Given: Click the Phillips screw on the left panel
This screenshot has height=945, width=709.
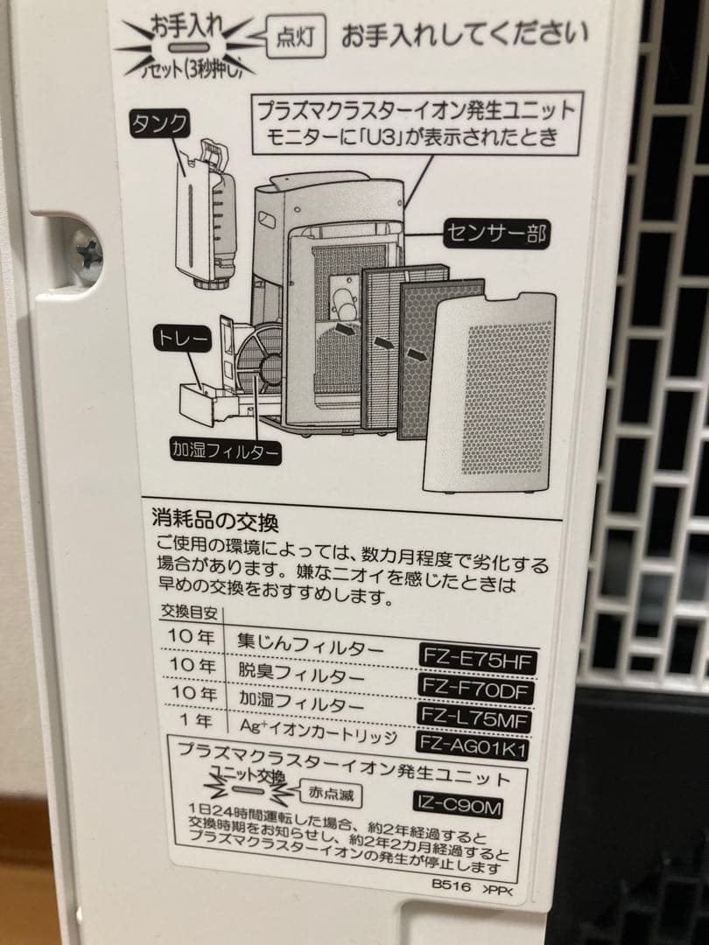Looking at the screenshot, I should coord(86,250).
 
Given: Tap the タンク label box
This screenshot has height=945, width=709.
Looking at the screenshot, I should coord(158,123).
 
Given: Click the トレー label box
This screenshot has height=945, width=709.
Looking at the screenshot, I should coord(181,335).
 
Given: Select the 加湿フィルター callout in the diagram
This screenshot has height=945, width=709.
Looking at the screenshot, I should coord(226,451).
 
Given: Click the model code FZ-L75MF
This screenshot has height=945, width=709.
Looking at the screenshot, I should coord(478,717).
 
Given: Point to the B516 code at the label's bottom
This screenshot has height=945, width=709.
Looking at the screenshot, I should coord(450,886).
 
